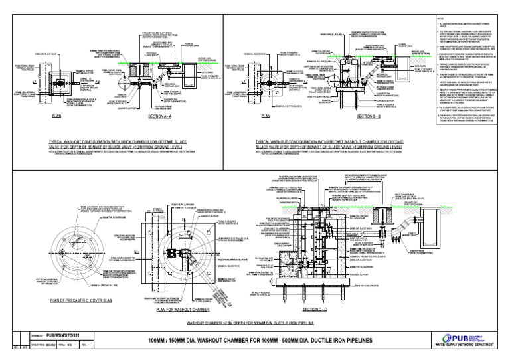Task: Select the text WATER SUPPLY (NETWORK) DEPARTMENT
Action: click(465, 347)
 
